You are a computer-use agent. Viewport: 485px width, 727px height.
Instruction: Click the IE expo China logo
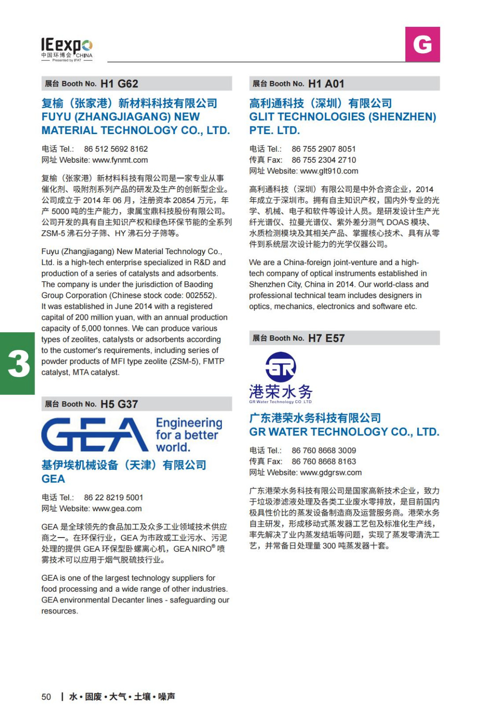point(66,49)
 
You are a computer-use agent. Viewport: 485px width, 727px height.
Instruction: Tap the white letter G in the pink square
point(422,44)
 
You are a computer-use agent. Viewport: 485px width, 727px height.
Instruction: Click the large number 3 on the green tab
point(19,363)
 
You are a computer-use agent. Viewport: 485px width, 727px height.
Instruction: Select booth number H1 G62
point(119,84)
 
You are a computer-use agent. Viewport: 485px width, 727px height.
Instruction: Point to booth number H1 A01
point(326,84)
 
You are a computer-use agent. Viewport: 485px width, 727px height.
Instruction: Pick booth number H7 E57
point(326,338)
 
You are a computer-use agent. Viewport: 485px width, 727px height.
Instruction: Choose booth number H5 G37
point(119,404)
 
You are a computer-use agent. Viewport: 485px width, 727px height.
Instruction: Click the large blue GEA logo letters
point(95,434)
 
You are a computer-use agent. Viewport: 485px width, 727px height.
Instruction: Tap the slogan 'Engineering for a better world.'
point(188,435)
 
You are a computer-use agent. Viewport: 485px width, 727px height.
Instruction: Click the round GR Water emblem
point(281,367)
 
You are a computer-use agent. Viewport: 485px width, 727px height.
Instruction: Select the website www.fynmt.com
point(120,160)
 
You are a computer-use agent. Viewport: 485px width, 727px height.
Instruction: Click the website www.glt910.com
point(329,171)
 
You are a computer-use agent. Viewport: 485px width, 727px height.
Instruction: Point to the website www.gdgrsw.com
point(331,473)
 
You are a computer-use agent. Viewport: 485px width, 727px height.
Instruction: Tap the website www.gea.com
point(117,508)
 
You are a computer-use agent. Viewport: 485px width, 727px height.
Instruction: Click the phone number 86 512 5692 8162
point(116,149)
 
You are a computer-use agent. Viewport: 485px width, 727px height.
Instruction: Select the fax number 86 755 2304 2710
point(324,160)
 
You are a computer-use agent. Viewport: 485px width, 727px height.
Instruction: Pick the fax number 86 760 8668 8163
point(324,462)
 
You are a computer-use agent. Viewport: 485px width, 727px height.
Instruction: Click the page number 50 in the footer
point(46,697)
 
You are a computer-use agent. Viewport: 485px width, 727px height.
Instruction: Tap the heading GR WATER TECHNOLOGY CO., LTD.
point(344,432)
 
